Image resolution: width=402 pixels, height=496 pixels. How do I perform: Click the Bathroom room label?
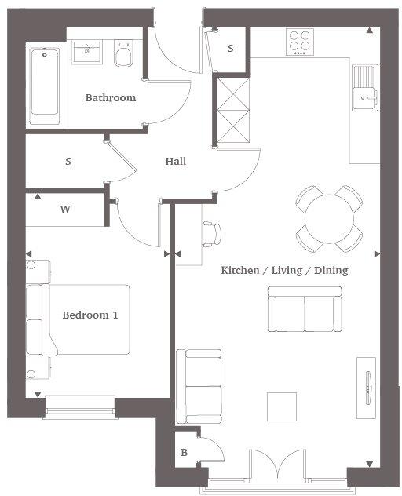(x=110, y=98)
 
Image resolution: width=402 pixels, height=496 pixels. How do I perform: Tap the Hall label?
(x=175, y=162)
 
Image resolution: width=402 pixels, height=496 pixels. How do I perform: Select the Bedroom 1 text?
(x=90, y=315)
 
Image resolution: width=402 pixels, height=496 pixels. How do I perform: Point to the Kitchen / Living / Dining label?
(x=283, y=270)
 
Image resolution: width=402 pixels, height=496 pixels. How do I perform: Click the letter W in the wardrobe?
(x=65, y=210)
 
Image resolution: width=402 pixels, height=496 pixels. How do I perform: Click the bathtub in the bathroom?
(x=46, y=86)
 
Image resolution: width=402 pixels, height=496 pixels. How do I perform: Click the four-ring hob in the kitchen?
(x=300, y=41)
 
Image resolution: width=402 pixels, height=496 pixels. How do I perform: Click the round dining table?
(x=329, y=218)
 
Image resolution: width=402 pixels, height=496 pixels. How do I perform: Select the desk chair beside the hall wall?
(x=212, y=233)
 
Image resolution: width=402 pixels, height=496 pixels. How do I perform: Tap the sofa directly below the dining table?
(x=305, y=308)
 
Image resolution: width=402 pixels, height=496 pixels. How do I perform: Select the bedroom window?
(x=80, y=405)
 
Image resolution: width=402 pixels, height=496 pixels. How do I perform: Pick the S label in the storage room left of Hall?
(x=68, y=162)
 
